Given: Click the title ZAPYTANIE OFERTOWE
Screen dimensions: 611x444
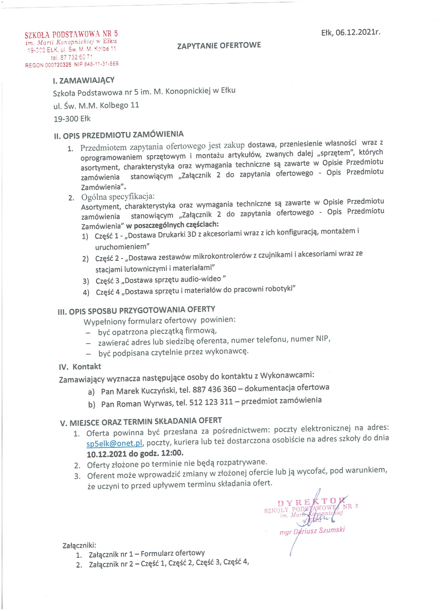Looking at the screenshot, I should (219, 45).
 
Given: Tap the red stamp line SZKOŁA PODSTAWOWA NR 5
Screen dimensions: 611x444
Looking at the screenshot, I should (71, 34).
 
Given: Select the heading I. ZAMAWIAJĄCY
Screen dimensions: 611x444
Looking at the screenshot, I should (84, 80).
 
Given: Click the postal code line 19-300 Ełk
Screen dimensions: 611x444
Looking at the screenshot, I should (72, 119).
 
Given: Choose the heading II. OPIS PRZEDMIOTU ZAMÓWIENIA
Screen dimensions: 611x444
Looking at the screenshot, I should (119, 135).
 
